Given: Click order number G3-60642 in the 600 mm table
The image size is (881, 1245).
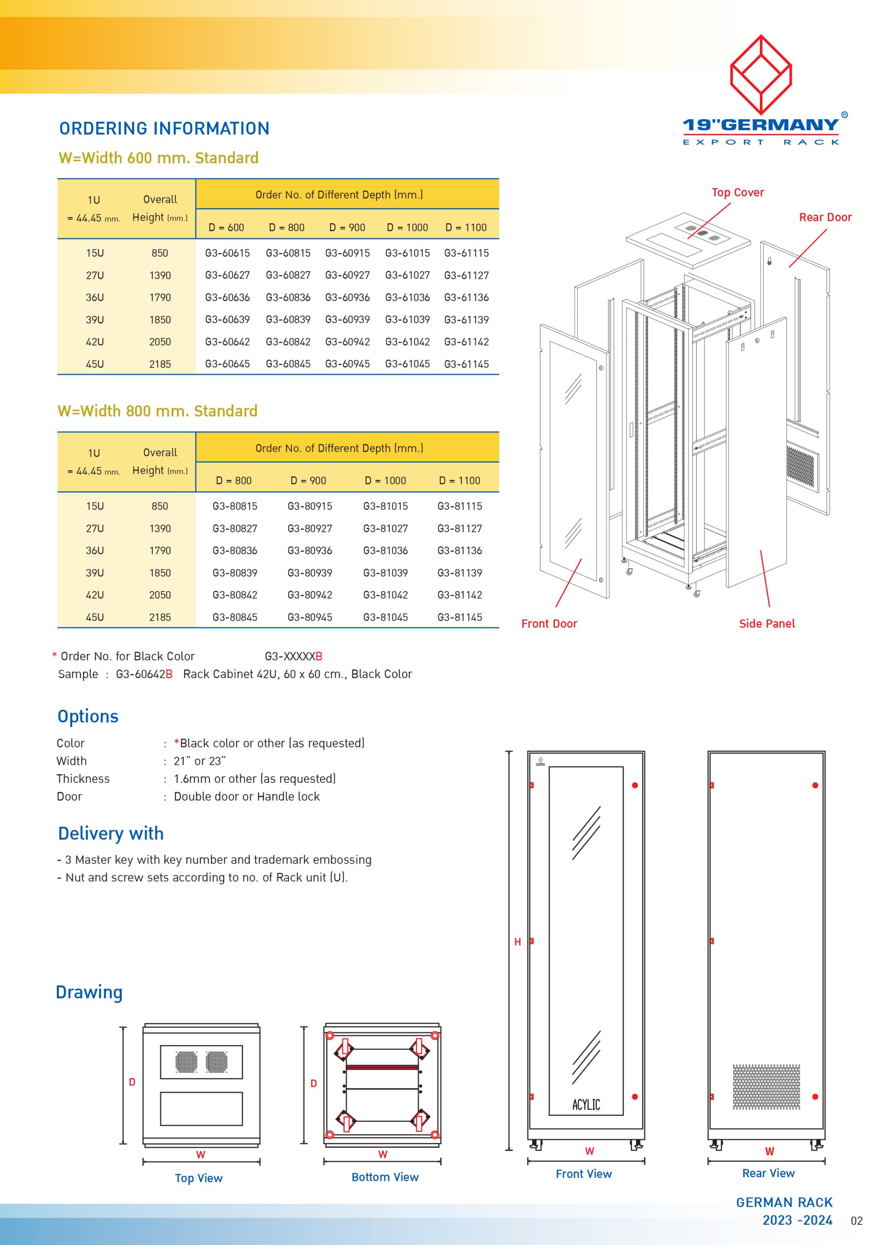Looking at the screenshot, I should (x=227, y=342).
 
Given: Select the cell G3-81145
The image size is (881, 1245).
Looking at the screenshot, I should (x=459, y=617).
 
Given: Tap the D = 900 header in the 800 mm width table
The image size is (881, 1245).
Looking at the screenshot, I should (x=308, y=481).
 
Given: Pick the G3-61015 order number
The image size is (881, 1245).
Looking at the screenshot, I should (x=407, y=253).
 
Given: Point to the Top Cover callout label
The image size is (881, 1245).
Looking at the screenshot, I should (x=737, y=193).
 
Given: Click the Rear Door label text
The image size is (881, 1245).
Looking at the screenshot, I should (x=825, y=217).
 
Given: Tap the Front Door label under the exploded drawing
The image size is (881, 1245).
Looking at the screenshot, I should (x=549, y=624).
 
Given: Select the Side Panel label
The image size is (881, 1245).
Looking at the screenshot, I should (x=767, y=624).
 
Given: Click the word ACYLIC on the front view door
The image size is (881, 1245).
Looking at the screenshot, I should (x=586, y=1105).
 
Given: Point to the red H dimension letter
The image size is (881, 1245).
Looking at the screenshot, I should (x=518, y=942).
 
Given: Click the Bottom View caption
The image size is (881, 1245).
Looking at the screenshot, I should (x=385, y=1177).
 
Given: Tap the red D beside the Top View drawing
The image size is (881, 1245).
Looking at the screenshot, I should (x=132, y=1082).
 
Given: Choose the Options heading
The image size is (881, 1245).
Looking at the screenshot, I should (x=88, y=716).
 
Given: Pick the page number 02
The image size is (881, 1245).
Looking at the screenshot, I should (x=856, y=1221).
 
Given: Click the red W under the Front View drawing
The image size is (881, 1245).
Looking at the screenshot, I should (x=589, y=1151).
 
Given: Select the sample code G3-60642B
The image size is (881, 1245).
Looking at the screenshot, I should (x=144, y=674).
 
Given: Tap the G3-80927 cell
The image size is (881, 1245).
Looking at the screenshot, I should (x=310, y=528).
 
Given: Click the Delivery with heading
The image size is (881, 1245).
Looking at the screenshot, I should (x=111, y=833).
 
